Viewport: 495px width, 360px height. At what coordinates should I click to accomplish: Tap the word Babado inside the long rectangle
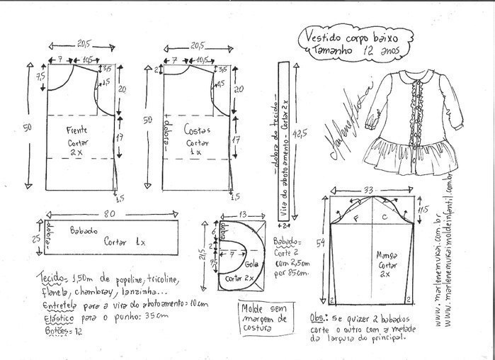(x=84, y=232)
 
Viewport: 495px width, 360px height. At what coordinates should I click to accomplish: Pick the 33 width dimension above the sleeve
(x=368, y=190)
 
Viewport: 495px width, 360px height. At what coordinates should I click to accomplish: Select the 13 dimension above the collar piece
(x=243, y=213)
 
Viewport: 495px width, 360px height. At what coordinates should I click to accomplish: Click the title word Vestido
(x=324, y=33)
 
